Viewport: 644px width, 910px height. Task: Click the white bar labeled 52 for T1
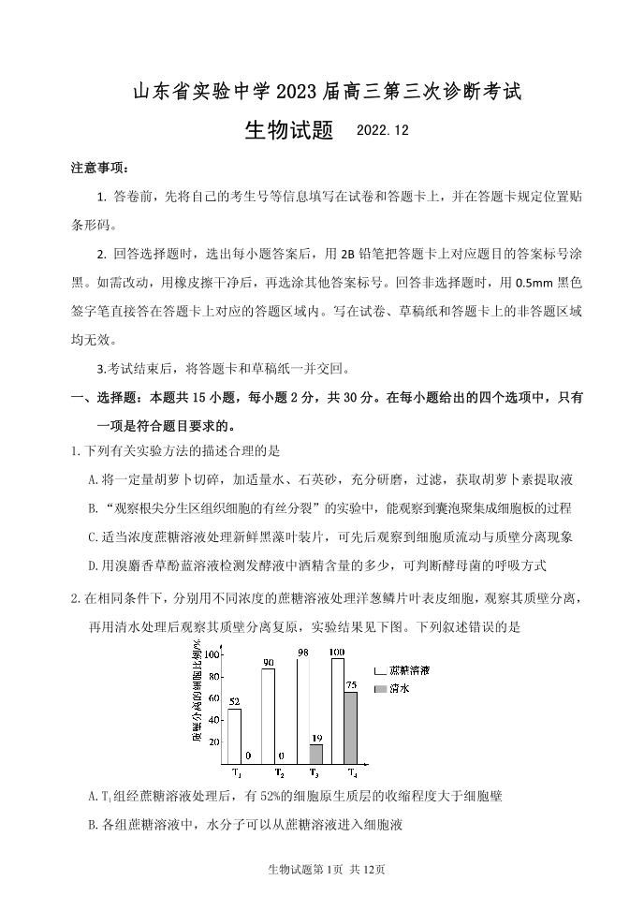(234, 735)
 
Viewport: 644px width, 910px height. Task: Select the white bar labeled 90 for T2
(268, 715)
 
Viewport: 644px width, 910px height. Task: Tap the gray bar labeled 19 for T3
(315, 753)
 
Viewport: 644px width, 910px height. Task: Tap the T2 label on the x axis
(279, 773)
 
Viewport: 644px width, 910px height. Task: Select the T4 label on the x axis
(351, 773)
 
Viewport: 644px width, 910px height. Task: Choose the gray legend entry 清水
(398, 688)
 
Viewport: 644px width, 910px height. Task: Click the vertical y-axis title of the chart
(198, 692)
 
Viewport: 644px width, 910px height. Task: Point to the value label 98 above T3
(303, 653)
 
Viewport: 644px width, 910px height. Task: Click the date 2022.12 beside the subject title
(383, 131)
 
